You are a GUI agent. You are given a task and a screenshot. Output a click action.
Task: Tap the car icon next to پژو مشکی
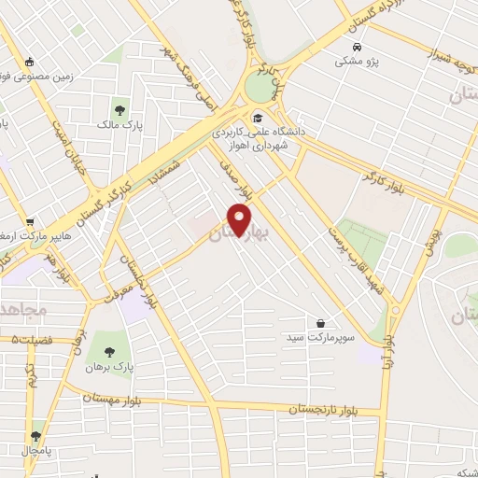[x=357, y=45]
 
